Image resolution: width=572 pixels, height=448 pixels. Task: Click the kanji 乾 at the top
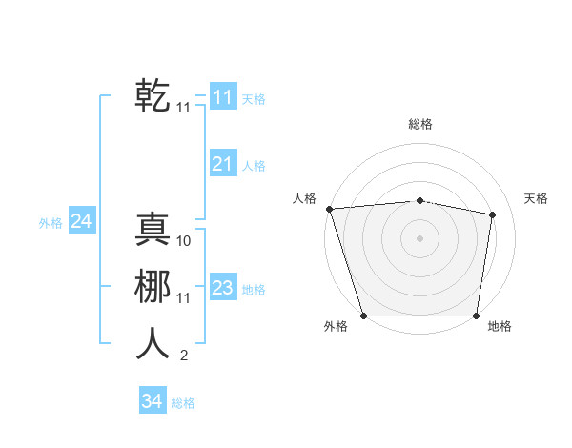click(153, 96)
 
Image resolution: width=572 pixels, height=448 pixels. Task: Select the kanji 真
click(153, 230)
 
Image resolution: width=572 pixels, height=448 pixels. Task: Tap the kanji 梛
click(153, 286)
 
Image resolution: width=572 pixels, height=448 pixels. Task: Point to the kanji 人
click(153, 343)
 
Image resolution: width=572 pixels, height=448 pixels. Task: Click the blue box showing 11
click(223, 97)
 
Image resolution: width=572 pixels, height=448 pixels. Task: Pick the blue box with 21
click(223, 164)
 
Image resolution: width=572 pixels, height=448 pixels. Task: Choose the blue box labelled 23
click(223, 288)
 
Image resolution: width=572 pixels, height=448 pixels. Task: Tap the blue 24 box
click(81, 221)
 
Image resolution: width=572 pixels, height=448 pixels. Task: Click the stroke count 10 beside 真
click(184, 241)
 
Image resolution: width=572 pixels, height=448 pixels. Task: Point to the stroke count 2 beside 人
click(184, 356)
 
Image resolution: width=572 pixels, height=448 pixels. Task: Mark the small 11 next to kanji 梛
click(184, 298)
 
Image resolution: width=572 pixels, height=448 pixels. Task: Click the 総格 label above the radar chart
click(420, 124)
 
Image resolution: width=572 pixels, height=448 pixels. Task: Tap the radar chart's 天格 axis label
click(536, 198)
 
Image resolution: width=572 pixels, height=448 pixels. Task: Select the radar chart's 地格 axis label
click(500, 326)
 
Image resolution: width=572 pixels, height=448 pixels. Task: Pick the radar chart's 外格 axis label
click(336, 326)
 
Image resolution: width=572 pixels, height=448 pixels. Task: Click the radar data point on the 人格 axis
click(329, 209)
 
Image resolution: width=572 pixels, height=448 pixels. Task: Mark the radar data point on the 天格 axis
click(493, 214)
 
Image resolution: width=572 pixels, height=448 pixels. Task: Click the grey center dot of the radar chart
click(419, 238)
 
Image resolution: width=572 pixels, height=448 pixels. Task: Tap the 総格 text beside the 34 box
click(183, 403)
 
